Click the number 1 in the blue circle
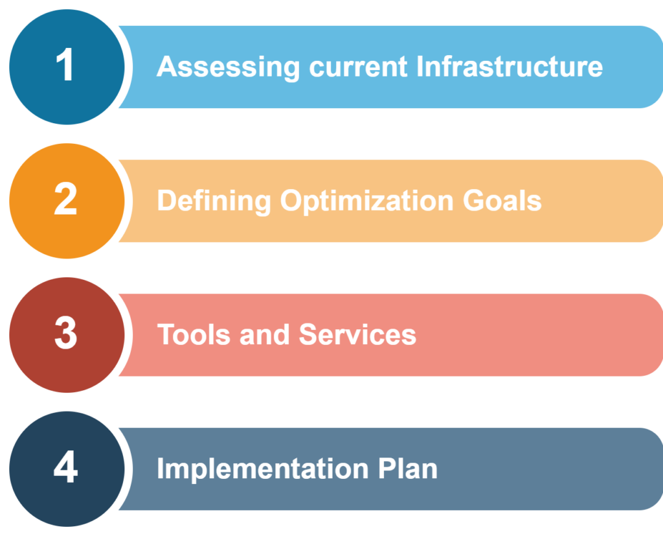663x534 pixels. pyautogui.click(x=65, y=66)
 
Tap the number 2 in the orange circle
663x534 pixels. pyautogui.click(x=65, y=200)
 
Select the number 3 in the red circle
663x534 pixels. pyautogui.click(x=65, y=334)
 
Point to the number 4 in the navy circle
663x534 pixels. pyautogui.click(x=65, y=468)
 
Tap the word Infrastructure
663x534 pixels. pyautogui.click(x=510, y=67)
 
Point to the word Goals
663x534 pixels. pyautogui.click(x=502, y=201)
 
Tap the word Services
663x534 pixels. pyautogui.click(x=357, y=335)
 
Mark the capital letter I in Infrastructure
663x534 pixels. pyautogui.click(x=420, y=67)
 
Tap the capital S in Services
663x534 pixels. pyautogui.click(x=308, y=335)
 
